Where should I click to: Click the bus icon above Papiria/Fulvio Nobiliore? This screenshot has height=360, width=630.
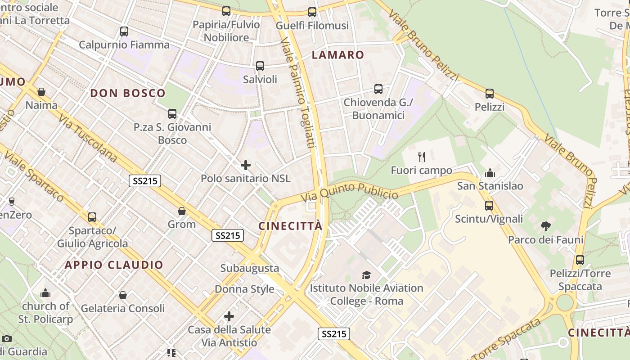click(x=226, y=11)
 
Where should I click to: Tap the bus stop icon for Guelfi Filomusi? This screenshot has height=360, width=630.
click(x=312, y=12)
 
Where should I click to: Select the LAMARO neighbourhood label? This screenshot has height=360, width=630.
click(x=338, y=55)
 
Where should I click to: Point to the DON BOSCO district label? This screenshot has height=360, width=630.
click(x=128, y=93)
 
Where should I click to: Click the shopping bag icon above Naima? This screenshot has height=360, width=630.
click(x=41, y=92)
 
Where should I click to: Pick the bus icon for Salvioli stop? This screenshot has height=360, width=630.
click(x=260, y=66)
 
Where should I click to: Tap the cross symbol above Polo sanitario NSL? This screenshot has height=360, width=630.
click(x=246, y=165)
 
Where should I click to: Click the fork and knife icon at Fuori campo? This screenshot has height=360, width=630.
click(x=422, y=157)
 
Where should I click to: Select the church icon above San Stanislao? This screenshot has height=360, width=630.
click(x=490, y=173)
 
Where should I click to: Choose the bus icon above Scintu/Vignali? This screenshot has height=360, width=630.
click(x=489, y=206)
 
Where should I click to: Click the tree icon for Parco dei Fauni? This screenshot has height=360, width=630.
click(x=546, y=226)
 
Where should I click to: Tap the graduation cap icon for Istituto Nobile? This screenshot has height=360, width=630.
click(x=367, y=274)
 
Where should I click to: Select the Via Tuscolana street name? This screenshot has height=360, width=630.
click(x=88, y=138)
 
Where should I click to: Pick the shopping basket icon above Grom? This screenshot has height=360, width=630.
click(x=182, y=211)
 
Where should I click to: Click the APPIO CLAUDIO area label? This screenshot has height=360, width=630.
click(x=114, y=265)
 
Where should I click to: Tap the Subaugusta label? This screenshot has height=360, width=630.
click(x=250, y=268)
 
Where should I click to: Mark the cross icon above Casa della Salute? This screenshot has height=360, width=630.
click(x=229, y=316)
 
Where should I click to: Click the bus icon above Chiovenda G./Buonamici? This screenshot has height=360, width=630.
click(x=378, y=89)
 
